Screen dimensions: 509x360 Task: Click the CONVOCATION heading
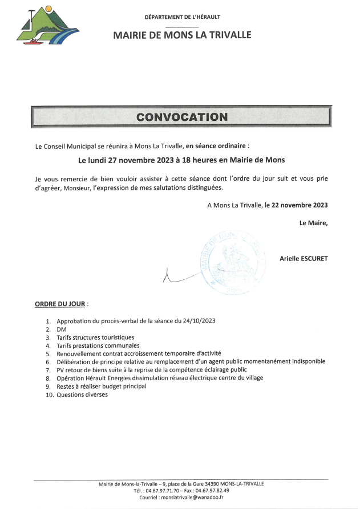pos(181,117)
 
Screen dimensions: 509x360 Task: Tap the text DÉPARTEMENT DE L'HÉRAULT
pos(183,17)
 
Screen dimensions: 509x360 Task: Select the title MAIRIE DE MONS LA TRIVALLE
pos(182,35)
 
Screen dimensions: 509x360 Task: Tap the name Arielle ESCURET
pos(304,258)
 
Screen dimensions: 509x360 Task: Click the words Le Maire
pos(313,222)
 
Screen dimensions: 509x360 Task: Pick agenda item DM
pos(62,329)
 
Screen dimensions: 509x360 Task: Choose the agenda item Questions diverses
pos(82,394)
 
